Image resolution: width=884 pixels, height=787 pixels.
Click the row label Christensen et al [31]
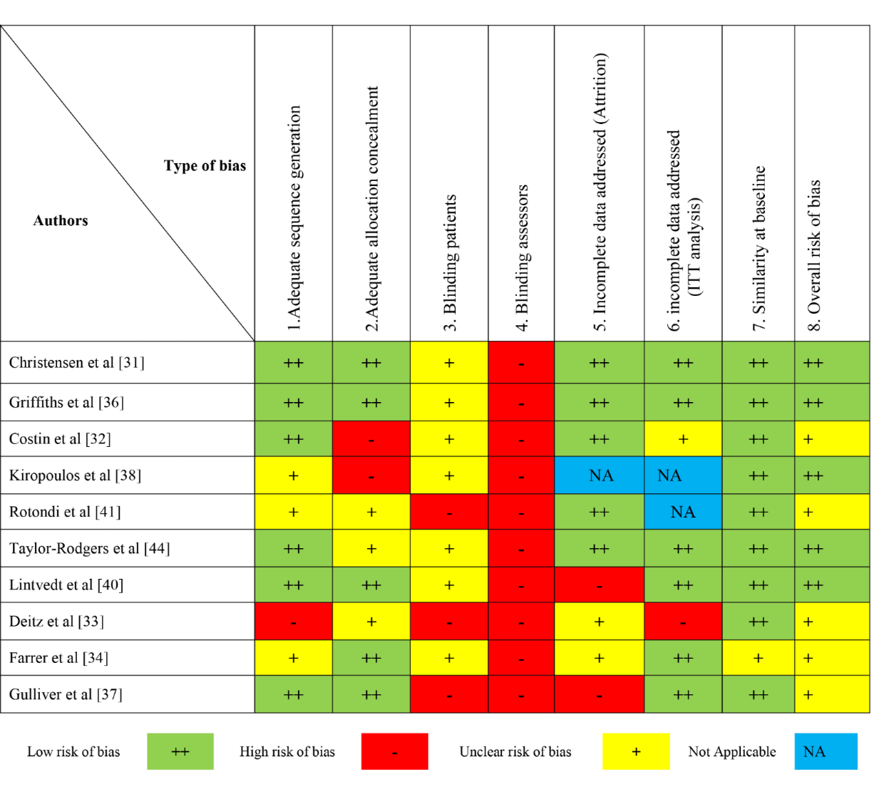[x=77, y=363]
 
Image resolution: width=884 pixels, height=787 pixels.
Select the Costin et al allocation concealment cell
[x=371, y=439]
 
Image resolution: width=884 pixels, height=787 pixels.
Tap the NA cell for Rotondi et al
[x=683, y=512]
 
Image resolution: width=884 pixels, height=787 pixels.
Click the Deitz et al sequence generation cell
[x=294, y=622]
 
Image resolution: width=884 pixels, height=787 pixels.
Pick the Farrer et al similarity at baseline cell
[x=758, y=658]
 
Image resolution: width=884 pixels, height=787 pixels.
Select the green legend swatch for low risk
[x=180, y=751]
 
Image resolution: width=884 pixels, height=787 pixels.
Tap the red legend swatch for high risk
[x=394, y=751]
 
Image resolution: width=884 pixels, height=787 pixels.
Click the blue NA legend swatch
[x=826, y=751]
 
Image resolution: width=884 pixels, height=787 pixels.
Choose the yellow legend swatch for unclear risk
[x=636, y=751]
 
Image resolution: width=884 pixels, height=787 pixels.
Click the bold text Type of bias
[x=205, y=166]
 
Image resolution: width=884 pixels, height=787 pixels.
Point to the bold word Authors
[x=61, y=221]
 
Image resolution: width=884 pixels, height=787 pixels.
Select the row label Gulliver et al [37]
[x=66, y=694]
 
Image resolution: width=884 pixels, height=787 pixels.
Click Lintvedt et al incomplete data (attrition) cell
[x=599, y=585]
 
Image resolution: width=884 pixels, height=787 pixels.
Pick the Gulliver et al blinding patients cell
[x=449, y=694]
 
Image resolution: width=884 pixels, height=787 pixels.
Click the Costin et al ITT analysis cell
[x=683, y=439]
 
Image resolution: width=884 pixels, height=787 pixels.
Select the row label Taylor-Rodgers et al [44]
[x=89, y=548]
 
